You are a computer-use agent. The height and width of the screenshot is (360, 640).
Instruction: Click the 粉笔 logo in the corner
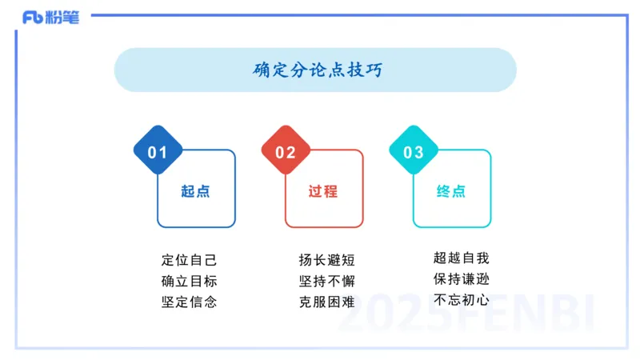click(x=50, y=18)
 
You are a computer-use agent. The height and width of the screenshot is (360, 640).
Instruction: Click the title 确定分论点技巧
click(x=318, y=70)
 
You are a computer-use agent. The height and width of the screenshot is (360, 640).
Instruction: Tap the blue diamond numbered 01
click(x=158, y=151)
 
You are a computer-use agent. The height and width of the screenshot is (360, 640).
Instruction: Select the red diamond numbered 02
click(x=286, y=151)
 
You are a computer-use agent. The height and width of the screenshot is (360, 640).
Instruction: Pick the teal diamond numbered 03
click(x=414, y=151)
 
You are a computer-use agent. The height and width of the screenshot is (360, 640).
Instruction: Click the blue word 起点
click(x=195, y=192)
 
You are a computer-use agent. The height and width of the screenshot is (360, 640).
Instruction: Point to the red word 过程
click(x=323, y=192)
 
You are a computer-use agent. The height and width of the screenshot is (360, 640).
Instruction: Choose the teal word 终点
click(x=451, y=192)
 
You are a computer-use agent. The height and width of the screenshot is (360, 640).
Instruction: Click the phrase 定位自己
click(x=189, y=260)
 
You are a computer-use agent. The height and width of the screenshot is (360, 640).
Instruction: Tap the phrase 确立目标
click(x=189, y=281)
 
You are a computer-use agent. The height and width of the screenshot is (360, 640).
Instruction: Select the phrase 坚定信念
click(x=189, y=302)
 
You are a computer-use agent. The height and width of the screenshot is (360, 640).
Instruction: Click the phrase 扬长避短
click(x=326, y=260)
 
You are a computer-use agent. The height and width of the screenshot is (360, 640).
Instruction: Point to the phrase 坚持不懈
click(x=326, y=281)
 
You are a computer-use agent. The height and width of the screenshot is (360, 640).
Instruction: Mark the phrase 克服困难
click(x=326, y=302)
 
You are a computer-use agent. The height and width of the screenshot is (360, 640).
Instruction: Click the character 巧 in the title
click(x=374, y=70)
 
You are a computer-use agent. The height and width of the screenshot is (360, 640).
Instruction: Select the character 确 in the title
click(x=262, y=70)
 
